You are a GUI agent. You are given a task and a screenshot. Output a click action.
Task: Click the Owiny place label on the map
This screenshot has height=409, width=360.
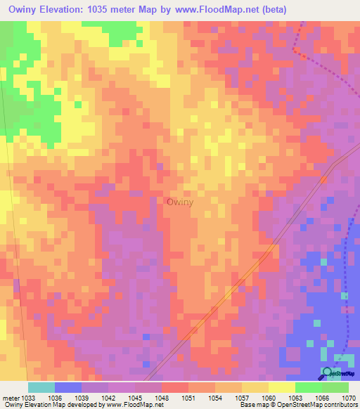(180, 202)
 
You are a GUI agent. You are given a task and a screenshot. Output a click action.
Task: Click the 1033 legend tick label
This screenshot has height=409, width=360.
(27, 398)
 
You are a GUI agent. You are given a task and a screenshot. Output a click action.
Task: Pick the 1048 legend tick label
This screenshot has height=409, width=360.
(162, 398)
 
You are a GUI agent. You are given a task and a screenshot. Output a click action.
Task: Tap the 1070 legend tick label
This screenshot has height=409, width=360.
(349, 398)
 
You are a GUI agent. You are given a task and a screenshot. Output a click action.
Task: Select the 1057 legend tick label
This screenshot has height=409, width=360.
(242, 398)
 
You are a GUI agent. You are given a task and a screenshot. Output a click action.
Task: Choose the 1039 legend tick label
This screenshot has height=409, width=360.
(82, 398)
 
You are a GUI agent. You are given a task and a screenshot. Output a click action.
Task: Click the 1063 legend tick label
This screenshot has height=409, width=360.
(295, 398)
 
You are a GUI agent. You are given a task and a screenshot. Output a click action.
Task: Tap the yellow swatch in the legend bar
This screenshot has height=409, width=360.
(281, 387)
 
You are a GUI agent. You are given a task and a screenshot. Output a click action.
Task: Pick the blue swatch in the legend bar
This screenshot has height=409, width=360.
(68, 387)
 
